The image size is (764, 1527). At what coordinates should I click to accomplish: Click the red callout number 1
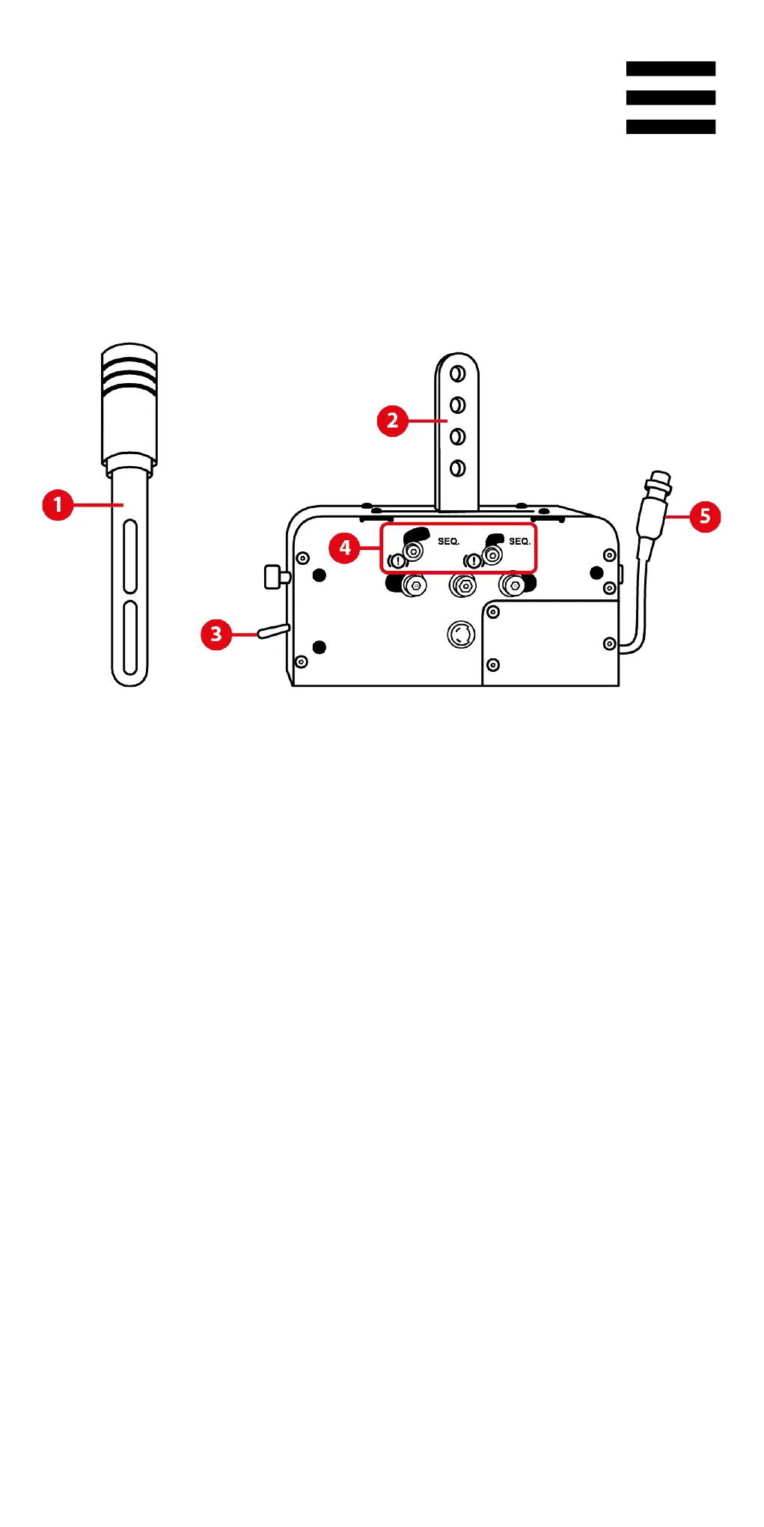(x=58, y=505)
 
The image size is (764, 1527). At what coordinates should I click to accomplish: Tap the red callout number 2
(x=392, y=421)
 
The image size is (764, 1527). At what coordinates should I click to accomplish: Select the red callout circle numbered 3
(x=216, y=634)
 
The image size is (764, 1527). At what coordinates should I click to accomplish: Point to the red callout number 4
(x=344, y=548)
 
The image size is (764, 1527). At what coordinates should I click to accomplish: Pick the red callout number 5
(x=705, y=517)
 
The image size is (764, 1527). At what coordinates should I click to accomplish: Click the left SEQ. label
(x=448, y=541)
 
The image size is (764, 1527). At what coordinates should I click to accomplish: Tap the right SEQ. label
(x=519, y=541)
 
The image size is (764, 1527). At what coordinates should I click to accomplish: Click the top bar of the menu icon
(x=670, y=69)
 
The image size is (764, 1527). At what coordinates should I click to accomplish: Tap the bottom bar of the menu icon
(x=670, y=127)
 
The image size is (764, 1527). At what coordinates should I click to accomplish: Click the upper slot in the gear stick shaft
(x=130, y=556)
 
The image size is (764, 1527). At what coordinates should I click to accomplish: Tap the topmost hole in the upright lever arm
(x=457, y=373)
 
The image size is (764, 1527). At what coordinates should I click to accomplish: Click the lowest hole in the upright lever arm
(x=457, y=468)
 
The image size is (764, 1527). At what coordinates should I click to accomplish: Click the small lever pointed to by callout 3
(x=273, y=631)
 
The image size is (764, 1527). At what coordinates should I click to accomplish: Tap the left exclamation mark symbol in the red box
(x=398, y=561)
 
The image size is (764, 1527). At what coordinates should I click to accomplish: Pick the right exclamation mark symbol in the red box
(x=474, y=561)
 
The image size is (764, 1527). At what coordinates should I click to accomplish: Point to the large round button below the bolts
(x=461, y=635)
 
